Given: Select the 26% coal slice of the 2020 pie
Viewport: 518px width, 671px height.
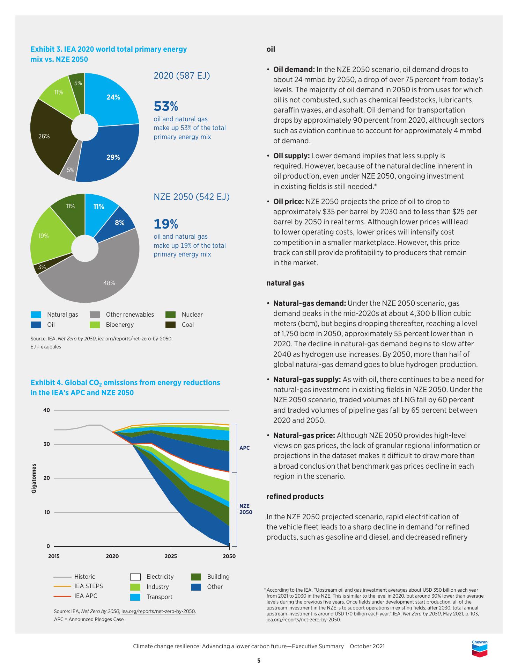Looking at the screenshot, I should pos(49,136).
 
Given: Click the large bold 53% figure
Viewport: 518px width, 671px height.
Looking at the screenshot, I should pos(166,106).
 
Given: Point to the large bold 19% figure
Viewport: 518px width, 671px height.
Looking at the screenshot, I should pos(166,223).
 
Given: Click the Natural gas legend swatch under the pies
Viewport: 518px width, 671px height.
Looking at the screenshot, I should pos(36,315).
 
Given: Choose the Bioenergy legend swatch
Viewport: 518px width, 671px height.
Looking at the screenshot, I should pos(95,325).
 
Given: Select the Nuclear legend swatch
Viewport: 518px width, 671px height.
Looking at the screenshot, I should pos(170,315).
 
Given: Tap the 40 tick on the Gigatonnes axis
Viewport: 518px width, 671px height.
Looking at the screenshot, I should pos(47,410).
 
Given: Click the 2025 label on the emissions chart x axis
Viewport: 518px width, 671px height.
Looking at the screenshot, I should pos(171,556).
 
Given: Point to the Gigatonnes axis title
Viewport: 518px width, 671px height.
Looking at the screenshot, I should pos(34,478).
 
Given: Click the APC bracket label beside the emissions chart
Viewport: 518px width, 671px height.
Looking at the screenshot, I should pos(244,448).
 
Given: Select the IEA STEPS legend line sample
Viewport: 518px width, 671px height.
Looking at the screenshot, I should pos(62,586).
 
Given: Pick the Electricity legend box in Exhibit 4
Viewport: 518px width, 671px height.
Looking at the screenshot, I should pos(135,577).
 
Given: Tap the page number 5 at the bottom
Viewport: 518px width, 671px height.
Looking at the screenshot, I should pos(259,661).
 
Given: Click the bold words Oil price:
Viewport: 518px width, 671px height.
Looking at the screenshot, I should pos(288,202).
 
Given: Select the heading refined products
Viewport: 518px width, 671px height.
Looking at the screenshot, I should pos(295,497).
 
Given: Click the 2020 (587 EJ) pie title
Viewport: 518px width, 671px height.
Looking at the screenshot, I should pos(182,75).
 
